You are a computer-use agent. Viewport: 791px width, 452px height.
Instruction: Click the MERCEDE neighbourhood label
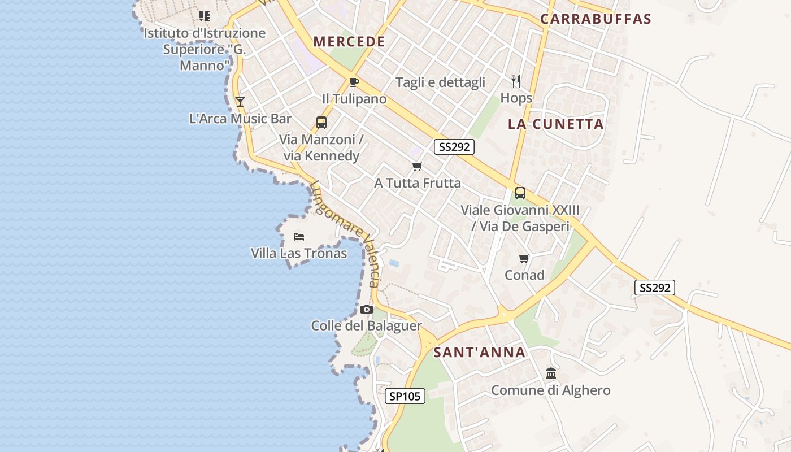pos(349,41)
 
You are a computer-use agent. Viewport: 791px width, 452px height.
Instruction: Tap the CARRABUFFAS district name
pos(596,19)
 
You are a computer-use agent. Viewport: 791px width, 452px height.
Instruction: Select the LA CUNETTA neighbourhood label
pos(555,124)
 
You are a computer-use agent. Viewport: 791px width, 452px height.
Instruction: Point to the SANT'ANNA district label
pos(479,353)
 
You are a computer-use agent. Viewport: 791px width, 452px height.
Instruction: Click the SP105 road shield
pos(405,396)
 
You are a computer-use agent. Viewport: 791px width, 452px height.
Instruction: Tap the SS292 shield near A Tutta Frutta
pos(454,147)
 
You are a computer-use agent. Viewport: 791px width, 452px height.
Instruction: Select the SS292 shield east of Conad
pos(654,288)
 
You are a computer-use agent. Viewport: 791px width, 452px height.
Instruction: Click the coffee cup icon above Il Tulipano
pos(354,82)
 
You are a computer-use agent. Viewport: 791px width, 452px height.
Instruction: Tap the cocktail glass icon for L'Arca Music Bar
pos(240,102)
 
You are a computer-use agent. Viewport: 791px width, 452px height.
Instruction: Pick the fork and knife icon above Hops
pos(516,81)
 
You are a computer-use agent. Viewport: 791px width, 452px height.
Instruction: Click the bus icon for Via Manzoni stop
pos(321,123)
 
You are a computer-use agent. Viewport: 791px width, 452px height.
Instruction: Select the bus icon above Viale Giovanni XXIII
pos(520,193)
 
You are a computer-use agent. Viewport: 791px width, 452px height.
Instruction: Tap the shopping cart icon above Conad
pos(524,259)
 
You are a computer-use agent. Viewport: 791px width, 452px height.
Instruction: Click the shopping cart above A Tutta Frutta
pos(418,166)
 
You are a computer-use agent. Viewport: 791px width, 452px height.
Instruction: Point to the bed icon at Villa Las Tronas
pos(299,237)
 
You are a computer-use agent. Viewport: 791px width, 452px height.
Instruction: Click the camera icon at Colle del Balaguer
pos(367,309)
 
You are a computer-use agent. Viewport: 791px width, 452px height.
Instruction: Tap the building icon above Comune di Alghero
pos(551,373)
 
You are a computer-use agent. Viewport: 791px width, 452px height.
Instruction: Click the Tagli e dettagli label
pos(440,82)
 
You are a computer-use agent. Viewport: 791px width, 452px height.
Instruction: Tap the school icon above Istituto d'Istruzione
pos(204,16)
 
